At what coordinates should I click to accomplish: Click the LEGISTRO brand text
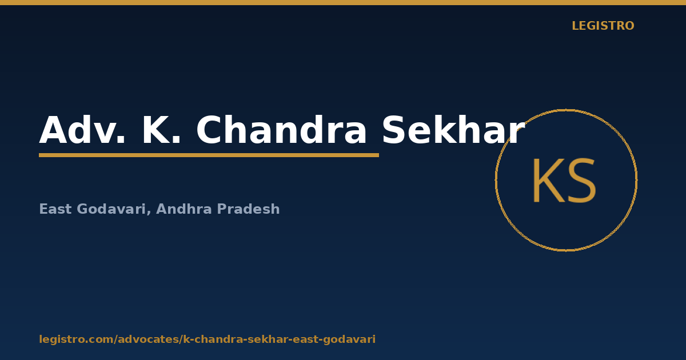coord(603,26)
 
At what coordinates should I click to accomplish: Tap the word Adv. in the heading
coord(82,130)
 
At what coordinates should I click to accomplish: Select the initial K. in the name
coord(161,130)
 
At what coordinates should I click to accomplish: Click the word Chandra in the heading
coord(281,130)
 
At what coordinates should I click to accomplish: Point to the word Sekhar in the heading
coord(453,130)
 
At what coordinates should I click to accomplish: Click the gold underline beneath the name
coord(209,155)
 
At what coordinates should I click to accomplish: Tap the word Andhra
coord(184,209)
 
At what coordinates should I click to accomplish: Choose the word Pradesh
coord(248,209)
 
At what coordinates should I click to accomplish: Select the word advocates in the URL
coord(149,339)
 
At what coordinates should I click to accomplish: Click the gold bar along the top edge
coord(343,2)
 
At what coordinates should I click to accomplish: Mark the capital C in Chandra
coord(209,130)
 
